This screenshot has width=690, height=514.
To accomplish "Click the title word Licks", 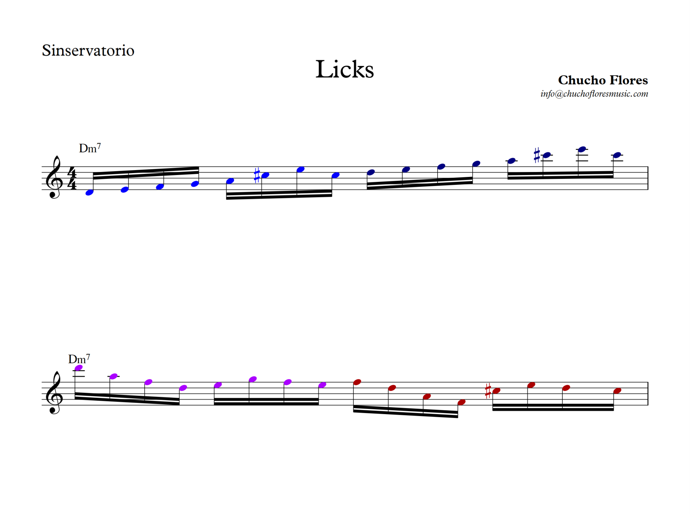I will pyautogui.click(x=344, y=69).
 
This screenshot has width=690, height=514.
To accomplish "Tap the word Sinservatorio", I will pyautogui.click(x=88, y=50).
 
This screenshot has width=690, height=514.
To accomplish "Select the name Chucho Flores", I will pyautogui.click(x=602, y=80).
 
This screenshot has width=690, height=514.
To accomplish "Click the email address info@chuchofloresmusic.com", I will pyautogui.click(x=594, y=94).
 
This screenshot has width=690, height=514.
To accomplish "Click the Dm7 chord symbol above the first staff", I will pyautogui.click(x=90, y=148).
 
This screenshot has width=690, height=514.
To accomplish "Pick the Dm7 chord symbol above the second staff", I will pyautogui.click(x=79, y=359).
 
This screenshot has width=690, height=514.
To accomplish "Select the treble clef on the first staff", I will pyautogui.click(x=54, y=177).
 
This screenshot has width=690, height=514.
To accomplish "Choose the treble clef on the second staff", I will pyautogui.click(x=54, y=393).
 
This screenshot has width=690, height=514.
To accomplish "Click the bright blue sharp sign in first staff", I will pyautogui.click(x=257, y=175).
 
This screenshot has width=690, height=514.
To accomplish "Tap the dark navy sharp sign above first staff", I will pyautogui.click(x=537, y=155).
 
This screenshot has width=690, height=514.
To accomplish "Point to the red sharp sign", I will pyautogui.click(x=488, y=391).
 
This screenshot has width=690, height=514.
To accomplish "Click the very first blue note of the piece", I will pyautogui.click(x=90, y=193).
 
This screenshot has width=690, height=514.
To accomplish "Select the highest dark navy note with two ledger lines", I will pyautogui.click(x=582, y=149).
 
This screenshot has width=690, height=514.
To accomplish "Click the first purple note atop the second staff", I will pyautogui.click(x=79, y=368).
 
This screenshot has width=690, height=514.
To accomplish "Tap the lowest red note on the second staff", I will pyautogui.click(x=461, y=402).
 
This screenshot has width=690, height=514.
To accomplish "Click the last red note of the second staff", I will pyautogui.click(x=617, y=391).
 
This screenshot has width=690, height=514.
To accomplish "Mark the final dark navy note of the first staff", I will pyautogui.click(x=617, y=155).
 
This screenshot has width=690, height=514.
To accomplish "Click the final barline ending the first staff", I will pyautogui.click(x=648, y=178).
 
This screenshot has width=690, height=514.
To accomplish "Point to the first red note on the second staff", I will pyautogui.click(x=357, y=382).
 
